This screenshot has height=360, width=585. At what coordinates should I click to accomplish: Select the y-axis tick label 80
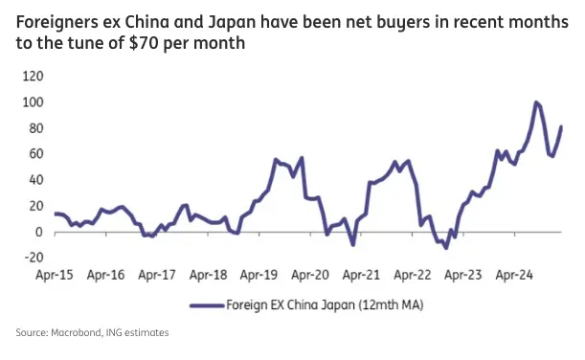point(34,128)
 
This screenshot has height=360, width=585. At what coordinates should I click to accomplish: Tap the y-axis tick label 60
point(34,154)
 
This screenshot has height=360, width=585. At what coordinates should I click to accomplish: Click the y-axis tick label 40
point(34,180)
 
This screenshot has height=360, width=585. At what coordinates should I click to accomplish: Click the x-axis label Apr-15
point(54,276)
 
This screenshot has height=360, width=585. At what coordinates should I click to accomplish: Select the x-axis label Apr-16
point(105,276)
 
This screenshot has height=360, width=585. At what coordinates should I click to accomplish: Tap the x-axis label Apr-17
point(156,276)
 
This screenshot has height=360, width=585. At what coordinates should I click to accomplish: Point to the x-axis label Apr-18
point(208,276)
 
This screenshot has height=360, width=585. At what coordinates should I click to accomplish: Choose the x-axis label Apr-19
point(259,276)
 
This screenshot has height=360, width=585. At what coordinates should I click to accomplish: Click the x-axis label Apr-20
point(310,276)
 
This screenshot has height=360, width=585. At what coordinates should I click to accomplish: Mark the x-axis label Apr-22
point(412,276)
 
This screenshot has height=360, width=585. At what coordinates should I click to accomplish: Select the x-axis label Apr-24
point(514,276)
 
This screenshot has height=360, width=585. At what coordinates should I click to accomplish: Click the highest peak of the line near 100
point(535,102)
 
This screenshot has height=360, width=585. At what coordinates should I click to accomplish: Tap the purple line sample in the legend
point(209,305)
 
